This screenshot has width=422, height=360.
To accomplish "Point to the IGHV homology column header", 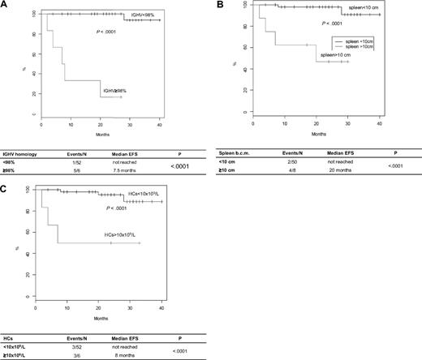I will click(x=26, y=151).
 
